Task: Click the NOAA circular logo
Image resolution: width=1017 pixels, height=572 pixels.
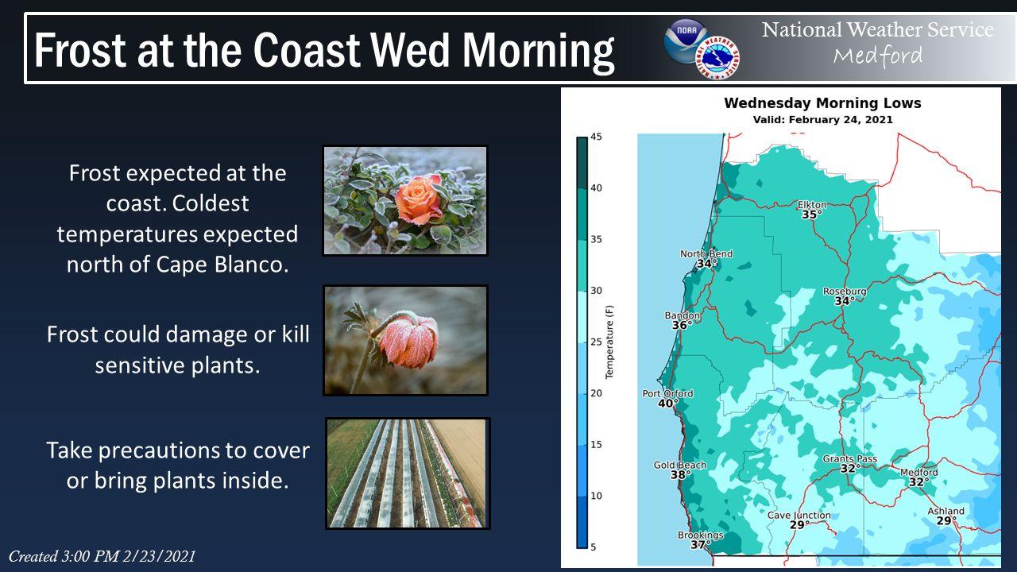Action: pos(686,41)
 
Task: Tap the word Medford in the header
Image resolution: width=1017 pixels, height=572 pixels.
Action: pos(878,56)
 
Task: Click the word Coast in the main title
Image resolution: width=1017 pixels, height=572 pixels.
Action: pos(307,50)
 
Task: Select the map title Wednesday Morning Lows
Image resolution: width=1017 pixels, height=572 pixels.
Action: pos(822,103)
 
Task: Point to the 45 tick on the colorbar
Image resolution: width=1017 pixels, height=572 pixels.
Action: pos(596,137)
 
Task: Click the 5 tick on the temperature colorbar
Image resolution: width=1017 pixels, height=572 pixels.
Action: pos(594,547)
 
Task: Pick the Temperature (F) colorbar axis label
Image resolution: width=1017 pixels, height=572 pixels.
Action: pos(609,342)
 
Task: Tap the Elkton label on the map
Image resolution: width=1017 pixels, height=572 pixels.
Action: pos(812,205)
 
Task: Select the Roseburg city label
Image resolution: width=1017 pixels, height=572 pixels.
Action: pos(845,291)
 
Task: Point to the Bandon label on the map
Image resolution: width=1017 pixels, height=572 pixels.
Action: pos(683,315)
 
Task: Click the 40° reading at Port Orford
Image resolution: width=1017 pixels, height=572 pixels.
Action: pos(668,403)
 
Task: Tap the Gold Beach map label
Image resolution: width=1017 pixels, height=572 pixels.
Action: pos(680,465)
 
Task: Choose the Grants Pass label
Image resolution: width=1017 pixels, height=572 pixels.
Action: pos(850,459)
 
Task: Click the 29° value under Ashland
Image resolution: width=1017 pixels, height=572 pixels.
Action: pos(946,520)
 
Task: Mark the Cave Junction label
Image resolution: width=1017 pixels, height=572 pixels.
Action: pos(799,516)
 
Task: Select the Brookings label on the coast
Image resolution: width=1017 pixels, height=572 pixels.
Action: pos(701,535)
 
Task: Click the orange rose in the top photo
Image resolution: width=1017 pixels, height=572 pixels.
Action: pos(419,200)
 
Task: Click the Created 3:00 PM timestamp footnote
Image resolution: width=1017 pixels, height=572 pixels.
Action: pos(102,557)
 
